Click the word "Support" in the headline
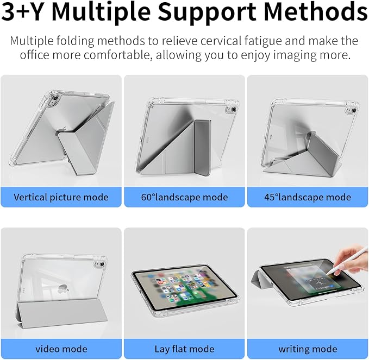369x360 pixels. tap(207, 12)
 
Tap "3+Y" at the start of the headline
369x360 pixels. tap(23, 11)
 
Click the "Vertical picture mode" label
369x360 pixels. tap(61, 197)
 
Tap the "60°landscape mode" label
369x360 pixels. tap(185, 197)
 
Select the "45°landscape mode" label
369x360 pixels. tap(308, 197)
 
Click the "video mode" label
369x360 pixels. tap(61, 349)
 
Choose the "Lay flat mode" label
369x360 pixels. tap(185, 349)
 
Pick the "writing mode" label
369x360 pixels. tap(308, 349)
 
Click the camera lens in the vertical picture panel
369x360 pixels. tap(56, 98)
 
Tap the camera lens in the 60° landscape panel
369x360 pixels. tap(234, 109)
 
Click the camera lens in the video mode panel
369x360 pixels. tap(102, 264)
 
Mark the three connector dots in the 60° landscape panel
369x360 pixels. tap(148, 139)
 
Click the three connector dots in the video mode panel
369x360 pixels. tap(24, 290)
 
